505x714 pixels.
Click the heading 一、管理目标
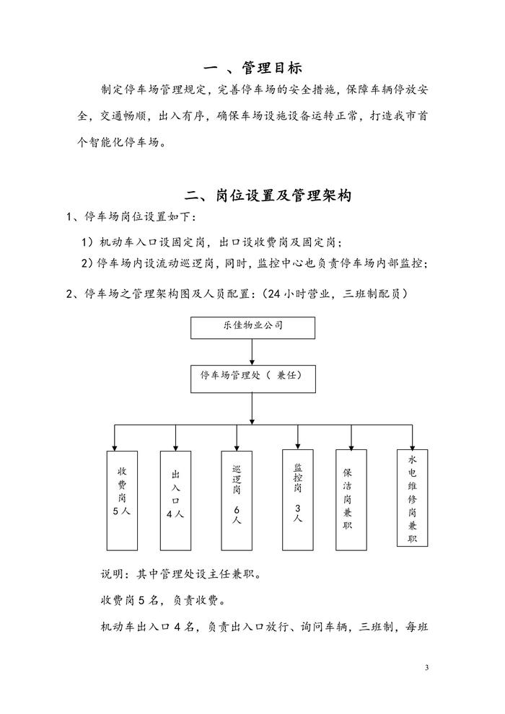pyautogui.click(x=252, y=69)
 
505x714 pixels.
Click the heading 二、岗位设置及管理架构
pyautogui.click(x=268, y=195)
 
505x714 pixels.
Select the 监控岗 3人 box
pyautogui.click(x=297, y=498)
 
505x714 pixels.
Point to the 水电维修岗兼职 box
pyautogui.click(x=412, y=499)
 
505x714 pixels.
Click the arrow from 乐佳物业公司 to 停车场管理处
pyautogui.click(x=252, y=352)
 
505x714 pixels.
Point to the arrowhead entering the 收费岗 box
pyautogui.click(x=115, y=447)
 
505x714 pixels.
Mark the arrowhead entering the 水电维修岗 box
pyautogui.click(x=412, y=445)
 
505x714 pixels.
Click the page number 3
pyautogui.click(x=427, y=667)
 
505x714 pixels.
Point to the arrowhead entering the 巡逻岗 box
pyautogui.click(x=236, y=447)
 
